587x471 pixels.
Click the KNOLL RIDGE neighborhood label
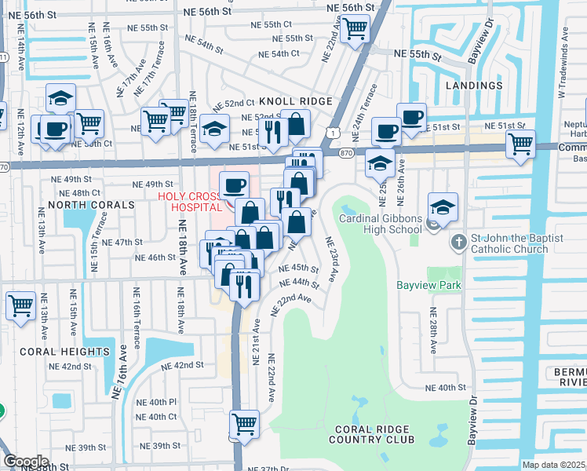pyautogui.click(x=296, y=102)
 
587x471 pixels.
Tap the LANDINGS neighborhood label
pyautogui.click(x=474, y=85)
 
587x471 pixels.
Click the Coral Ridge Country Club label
pyautogui.click(x=374, y=434)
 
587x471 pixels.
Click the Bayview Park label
pyautogui.click(x=428, y=286)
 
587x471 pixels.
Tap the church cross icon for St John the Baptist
pyautogui.click(x=459, y=243)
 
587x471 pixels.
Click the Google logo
pyautogui.click(x=26, y=462)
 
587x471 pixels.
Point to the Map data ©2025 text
pyautogui.click(x=553, y=465)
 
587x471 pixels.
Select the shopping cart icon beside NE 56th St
pyautogui.click(x=355, y=28)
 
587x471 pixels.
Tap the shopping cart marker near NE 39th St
pyautogui.click(x=244, y=425)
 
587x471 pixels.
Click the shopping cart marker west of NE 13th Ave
pyautogui.click(x=20, y=305)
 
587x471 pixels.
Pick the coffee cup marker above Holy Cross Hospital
pyautogui.click(x=235, y=186)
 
